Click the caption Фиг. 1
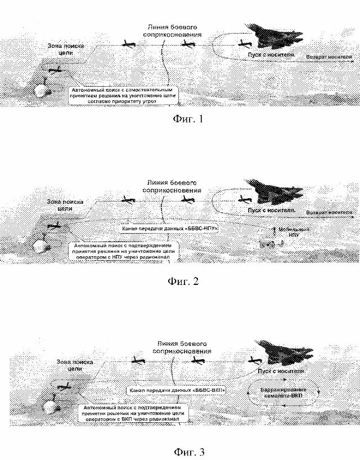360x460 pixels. click(185, 119)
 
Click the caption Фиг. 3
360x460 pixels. click(183, 451)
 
